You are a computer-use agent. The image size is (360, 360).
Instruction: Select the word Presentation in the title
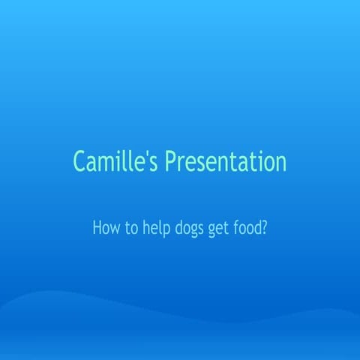tap(226, 162)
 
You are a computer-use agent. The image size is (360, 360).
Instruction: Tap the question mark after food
tap(265, 228)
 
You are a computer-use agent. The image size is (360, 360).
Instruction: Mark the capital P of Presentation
tap(171, 161)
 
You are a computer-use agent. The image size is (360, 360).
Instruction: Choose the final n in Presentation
tap(280, 163)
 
